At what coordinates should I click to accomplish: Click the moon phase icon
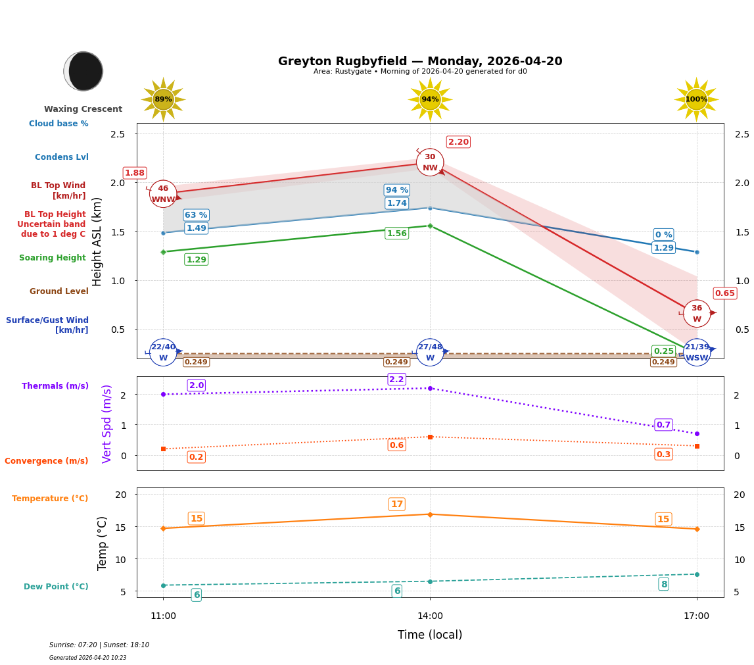point(83,71)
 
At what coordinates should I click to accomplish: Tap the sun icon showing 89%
point(163,99)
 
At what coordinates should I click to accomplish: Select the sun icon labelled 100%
point(696,99)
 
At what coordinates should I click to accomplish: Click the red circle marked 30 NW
point(430,162)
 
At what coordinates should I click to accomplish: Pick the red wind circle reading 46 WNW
point(163,194)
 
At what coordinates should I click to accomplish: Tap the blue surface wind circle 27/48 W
point(430,353)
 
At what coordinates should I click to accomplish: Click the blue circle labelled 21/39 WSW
point(697,353)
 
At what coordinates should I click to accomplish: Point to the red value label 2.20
point(458,142)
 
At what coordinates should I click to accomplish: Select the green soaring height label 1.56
point(396,234)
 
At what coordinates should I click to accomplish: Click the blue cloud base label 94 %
point(396,190)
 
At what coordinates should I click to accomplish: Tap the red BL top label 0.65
point(724,293)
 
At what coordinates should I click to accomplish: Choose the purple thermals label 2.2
point(396,380)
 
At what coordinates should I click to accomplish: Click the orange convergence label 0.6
point(396,445)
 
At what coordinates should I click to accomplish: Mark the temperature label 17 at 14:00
point(396,505)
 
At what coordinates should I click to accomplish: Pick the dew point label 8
point(663,584)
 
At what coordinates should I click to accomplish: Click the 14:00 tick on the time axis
point(430,616)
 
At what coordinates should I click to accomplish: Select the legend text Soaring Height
point(53,258)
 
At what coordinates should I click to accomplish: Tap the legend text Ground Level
point(59,291)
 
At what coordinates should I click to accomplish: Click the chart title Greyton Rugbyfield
point(420,61)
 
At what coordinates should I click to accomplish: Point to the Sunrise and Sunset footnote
point(99,645)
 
